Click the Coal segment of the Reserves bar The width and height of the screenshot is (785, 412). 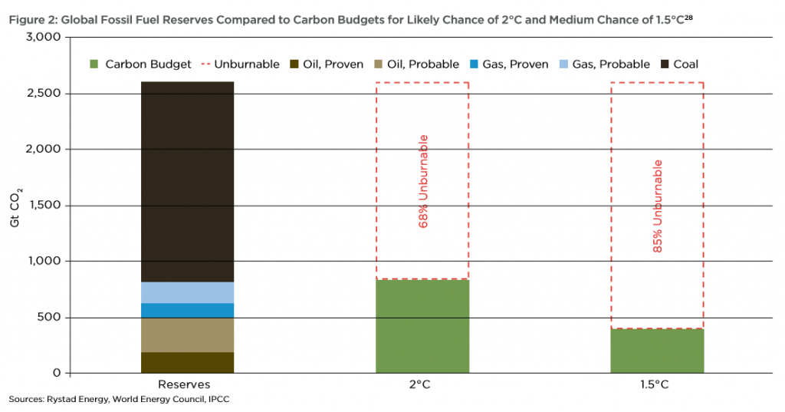pyautogui.click(x=187, y=182)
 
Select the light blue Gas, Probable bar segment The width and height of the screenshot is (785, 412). pyautogui.click(x=187, y=292)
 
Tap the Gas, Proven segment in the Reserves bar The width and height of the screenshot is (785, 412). pyautogui.click(x=187, y=310)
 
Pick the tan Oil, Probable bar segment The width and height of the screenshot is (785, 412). pyautogui.click(x=187, y=335)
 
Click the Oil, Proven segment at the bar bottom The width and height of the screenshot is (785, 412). pyautogui.click(x=187, y=362)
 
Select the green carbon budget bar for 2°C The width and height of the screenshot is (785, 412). pyautogui.click(x=422, y=326)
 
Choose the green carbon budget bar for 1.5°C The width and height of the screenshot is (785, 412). pyautogui.click(x=657, y=351)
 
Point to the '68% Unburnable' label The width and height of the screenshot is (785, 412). pyautogui.click(x=423, y=181)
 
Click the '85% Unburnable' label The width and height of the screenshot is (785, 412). pyautogui.click(x=658, y=206)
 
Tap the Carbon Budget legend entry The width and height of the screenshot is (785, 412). pyautogui.click(x=140, y=64)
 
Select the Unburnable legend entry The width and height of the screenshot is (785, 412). pyautogui.click(x=241, y=64)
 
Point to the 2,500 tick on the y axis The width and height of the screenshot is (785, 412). pyautogui.click(x=45, y=94)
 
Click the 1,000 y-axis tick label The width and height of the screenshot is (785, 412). pyautogui.click(x=45, y=262)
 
